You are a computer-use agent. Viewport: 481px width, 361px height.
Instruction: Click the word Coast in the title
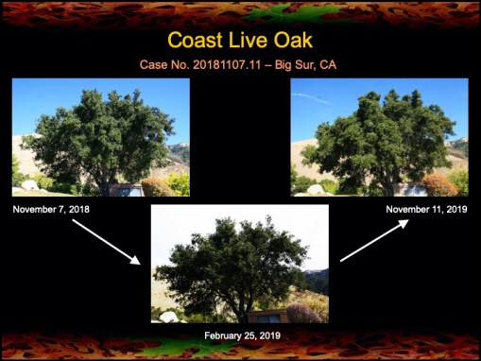click(x=196, y=40)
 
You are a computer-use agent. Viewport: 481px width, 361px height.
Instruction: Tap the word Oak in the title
click(x=289, y=40)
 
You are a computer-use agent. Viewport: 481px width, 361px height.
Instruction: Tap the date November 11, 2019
click(x=425, y=208)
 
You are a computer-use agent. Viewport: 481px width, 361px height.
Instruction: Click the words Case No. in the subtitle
click(x=162, y=65)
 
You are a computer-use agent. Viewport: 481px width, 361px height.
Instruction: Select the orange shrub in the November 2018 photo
click(x=156, y=187)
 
